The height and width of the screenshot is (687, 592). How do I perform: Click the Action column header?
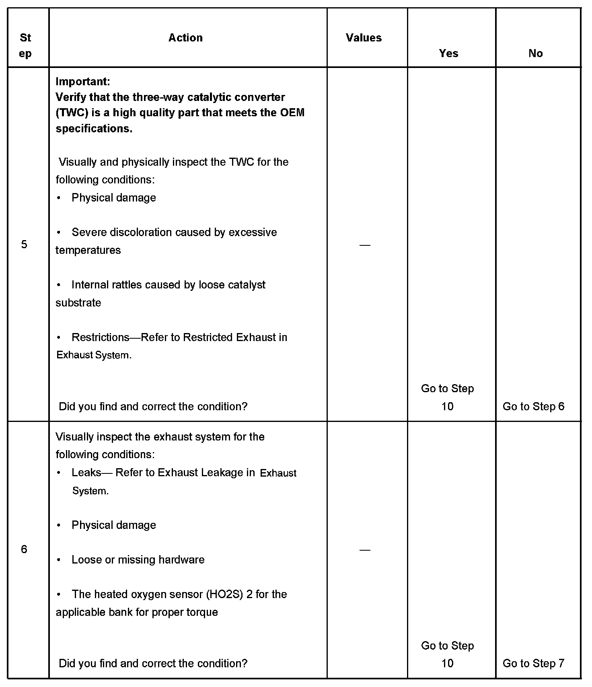(185, 38)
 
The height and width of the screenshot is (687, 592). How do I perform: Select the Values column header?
(364, 38)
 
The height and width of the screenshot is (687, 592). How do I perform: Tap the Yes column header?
(448, 53)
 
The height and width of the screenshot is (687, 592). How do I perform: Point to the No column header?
(535, 53)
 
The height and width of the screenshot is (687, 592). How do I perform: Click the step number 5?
(24, 245)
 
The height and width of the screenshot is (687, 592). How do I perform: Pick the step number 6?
(24, 549)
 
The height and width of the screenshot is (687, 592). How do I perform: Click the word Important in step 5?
(82, 82)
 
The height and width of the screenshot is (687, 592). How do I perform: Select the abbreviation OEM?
(292, 113)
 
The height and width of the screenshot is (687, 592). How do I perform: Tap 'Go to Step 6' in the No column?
(533, 407)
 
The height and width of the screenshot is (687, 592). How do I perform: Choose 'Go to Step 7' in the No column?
(533, 663)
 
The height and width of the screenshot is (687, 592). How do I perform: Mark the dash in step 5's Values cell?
(365, 245)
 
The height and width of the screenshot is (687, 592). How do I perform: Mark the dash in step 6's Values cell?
(365, 550)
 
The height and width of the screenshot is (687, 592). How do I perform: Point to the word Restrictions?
(101, 337)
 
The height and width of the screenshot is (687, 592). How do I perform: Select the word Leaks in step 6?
(86, 473)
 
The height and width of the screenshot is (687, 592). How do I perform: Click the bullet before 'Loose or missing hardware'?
(59, 559)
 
